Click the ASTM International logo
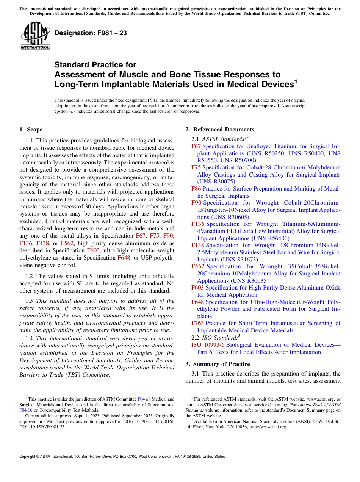tap(35, 36)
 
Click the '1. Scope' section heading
tap(31, 130)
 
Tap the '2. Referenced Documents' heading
tap(220, 130)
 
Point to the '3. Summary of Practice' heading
tap(218, 364)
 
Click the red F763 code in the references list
tap(197, 323)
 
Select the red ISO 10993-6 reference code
tap(208, 345)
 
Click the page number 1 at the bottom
tap(180, 465)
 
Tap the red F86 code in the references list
tap(196, 189)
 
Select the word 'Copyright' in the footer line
tap(27, 457)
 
